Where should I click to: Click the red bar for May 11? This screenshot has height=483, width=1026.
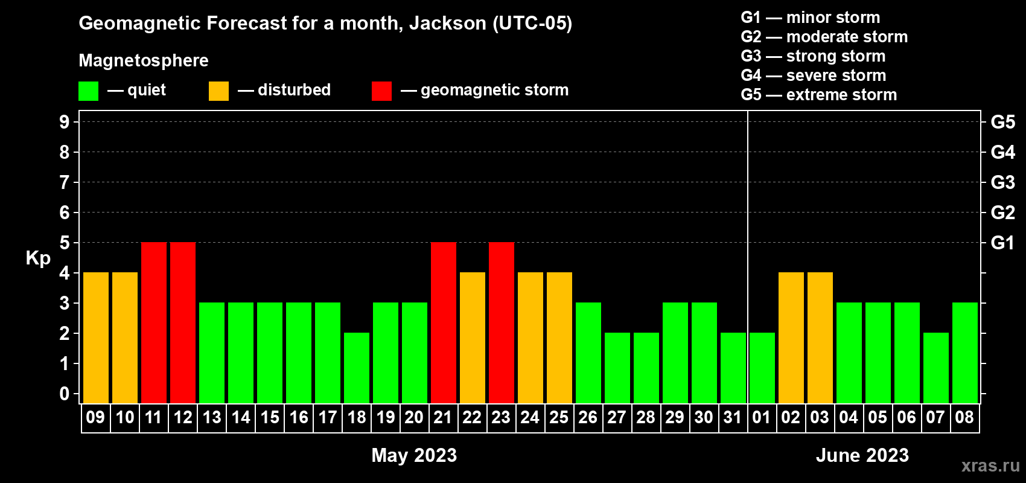154,322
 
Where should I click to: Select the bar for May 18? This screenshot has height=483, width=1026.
357,368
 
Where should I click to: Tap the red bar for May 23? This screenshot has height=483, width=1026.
502,322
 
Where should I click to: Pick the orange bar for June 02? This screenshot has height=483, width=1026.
791,337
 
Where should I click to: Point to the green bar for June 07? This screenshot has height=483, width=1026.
935,368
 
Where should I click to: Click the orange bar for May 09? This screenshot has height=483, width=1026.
96,337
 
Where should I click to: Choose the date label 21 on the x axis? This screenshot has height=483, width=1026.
443,417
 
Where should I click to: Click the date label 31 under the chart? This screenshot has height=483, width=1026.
733,417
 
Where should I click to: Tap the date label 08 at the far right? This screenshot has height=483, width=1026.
964,417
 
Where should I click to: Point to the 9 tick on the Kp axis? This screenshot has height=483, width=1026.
64,122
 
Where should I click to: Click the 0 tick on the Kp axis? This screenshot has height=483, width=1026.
64,394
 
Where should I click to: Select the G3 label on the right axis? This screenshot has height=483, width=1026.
1003,182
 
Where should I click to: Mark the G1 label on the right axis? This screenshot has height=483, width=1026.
1003,243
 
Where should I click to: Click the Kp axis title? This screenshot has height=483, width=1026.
38,258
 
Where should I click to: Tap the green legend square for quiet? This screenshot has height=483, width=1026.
88,91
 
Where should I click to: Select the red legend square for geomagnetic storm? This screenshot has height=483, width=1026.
382,91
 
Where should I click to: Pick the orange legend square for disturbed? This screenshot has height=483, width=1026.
218,91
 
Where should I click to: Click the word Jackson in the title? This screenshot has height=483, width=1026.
447,24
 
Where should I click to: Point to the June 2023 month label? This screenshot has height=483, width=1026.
862,455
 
